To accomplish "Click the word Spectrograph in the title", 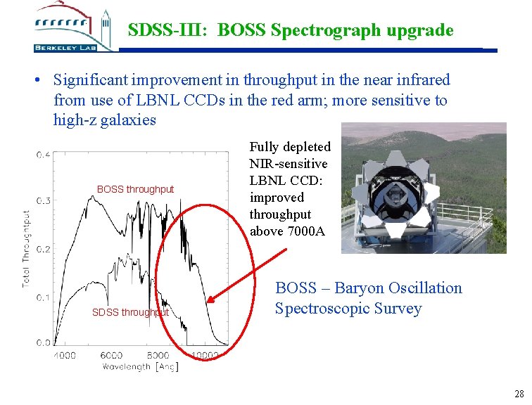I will pos(312,31).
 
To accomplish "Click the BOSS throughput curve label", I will pos(135,189).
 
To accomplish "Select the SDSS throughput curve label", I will pos(131,312).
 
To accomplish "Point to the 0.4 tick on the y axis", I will pos(44,155).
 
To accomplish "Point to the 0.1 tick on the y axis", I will pos(44,297).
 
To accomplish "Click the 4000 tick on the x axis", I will pos(65,355).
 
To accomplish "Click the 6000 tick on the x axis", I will pos(111,355).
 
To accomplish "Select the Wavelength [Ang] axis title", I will pos(140,367).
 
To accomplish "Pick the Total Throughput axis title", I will pos(27,248).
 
